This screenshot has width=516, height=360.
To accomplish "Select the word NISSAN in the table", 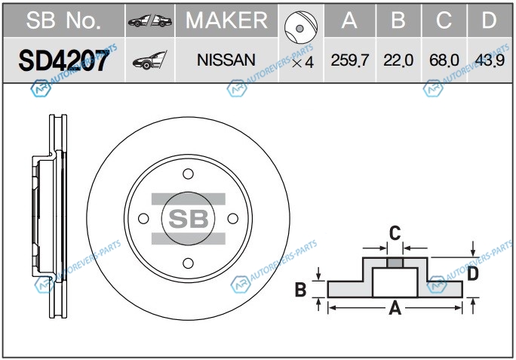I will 226,59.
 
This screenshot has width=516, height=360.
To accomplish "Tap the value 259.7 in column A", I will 349,60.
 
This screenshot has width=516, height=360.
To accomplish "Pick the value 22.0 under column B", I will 398,60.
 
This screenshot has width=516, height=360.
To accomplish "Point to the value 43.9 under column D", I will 490,60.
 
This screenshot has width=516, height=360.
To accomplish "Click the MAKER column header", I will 226,20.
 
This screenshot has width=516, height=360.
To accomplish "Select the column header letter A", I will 349,20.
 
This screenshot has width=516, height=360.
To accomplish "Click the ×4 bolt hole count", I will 302,62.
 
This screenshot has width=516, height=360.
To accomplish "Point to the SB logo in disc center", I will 188,219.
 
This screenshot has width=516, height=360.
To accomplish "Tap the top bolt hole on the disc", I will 188,174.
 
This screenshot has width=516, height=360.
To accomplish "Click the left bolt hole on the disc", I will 143,219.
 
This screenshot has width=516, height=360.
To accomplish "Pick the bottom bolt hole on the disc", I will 188,263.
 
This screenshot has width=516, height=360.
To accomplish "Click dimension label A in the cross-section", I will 393,309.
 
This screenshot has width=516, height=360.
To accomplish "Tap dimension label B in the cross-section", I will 299,288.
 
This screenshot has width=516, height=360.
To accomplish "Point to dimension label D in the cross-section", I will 473,273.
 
